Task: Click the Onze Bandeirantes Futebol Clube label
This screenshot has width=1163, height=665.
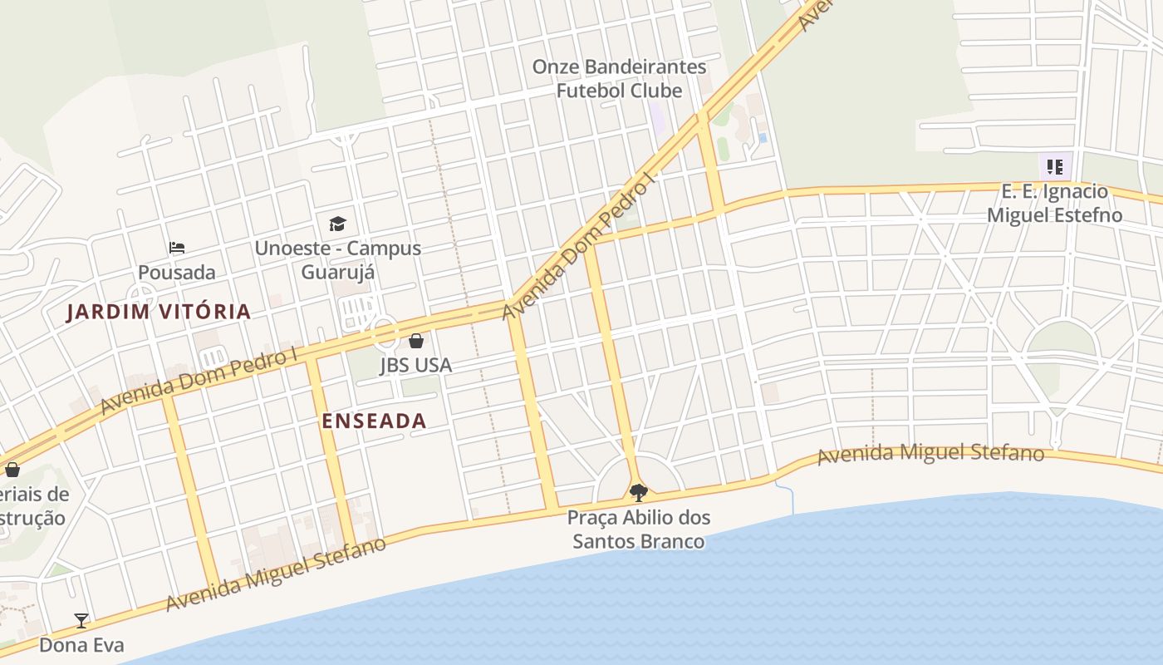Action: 619,78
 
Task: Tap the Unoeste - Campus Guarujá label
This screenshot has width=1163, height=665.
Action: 337,259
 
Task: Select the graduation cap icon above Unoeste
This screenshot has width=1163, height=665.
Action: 337,224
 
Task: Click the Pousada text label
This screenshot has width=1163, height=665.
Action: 176,272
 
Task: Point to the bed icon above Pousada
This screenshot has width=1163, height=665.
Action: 176,247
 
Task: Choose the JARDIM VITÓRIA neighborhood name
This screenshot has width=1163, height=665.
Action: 159,312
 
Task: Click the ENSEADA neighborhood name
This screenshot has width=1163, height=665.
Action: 374,421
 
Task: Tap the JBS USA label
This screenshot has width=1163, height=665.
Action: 415,365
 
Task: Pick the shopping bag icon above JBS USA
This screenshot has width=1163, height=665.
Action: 415,341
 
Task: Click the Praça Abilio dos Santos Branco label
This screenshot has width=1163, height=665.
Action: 638,530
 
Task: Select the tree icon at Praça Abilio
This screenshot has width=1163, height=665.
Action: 638,493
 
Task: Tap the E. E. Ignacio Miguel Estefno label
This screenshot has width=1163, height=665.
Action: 1054,204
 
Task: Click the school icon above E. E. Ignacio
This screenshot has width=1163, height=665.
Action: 1055,167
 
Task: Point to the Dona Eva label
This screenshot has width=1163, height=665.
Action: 81,645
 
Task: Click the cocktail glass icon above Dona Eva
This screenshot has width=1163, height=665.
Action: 81,620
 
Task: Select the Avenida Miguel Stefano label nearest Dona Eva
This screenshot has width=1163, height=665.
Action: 276,574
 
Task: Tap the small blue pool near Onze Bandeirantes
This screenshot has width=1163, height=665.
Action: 763,137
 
